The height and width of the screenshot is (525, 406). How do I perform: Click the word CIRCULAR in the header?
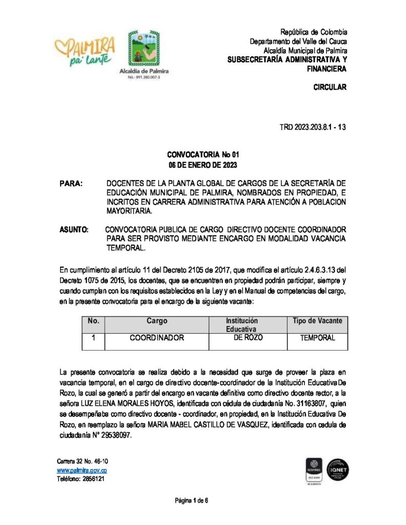point(330,87)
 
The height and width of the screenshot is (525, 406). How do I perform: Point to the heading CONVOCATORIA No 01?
point(203,155)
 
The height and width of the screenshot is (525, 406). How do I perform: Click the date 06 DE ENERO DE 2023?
point(203,165)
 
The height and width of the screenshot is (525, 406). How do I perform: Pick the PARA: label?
point(71,184)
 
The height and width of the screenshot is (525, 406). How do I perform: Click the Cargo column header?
point(157,321)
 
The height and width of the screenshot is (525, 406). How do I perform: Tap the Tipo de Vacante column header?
point(317,321)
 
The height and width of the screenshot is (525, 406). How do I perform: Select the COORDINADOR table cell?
point(157,338)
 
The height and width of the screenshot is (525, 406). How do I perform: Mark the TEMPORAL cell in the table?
point(317,338)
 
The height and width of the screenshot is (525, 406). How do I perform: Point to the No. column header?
point(93,321)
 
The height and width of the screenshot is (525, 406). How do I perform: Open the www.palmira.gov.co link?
point(82,470)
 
